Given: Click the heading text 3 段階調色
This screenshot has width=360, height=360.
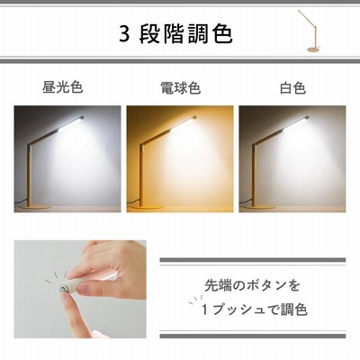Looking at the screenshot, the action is point(175,33).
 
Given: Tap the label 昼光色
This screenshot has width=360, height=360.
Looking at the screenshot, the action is point(62,87).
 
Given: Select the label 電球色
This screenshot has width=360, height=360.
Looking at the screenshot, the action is point(180,88).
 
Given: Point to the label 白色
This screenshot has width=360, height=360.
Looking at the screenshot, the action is point(292,88).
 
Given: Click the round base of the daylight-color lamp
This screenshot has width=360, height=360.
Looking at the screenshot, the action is point(35,207).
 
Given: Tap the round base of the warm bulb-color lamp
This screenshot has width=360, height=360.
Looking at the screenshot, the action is point(148,207).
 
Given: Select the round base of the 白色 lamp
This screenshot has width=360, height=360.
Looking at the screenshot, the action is point(260,207).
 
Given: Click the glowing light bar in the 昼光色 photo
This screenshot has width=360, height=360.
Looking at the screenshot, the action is point(71,124).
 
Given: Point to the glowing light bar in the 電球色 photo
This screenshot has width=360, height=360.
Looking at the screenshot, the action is point(184,124).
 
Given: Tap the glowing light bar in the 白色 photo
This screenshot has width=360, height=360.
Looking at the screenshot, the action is point(296,124).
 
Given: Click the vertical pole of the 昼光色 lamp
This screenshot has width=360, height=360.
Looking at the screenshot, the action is point(29,175).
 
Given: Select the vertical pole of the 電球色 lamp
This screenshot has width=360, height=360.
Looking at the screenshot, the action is point(141,175).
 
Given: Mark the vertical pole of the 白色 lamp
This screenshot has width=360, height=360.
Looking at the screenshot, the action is point(254,175).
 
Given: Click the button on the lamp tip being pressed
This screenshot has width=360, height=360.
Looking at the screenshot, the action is point(63,289).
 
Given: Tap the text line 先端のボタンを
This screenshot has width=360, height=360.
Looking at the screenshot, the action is point(252,285).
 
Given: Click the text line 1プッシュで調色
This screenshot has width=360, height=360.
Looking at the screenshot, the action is point(255,310).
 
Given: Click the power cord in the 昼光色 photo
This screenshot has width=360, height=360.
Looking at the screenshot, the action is point(21,202).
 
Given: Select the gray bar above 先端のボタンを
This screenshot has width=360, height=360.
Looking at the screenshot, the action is point(253,260).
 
